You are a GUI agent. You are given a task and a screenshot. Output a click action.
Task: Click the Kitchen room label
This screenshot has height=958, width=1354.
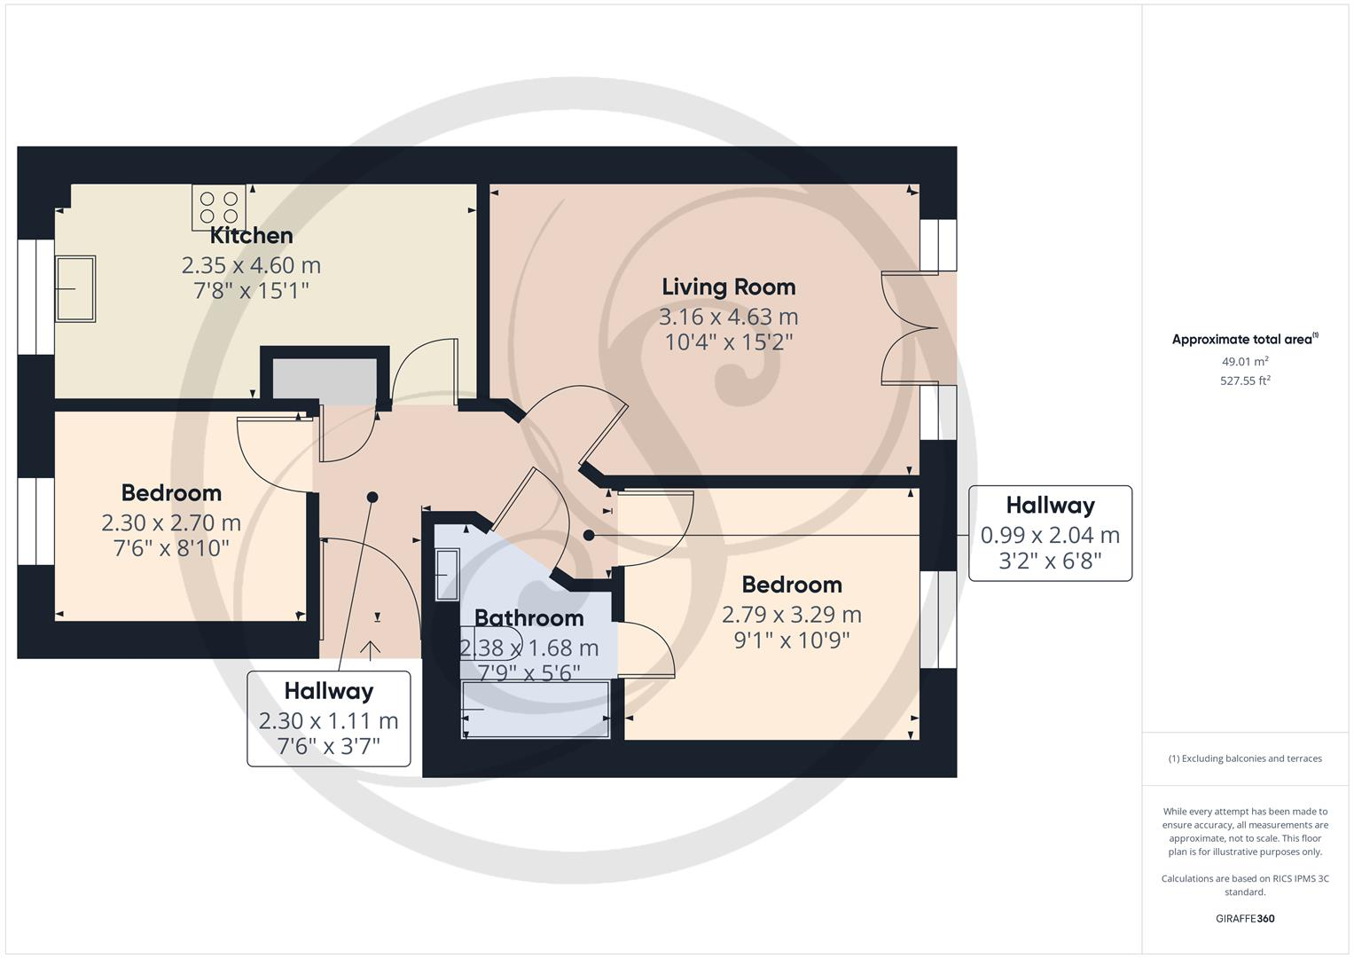click(251, 236)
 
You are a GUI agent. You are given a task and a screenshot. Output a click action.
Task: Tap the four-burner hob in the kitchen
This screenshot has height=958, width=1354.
click(219, 208)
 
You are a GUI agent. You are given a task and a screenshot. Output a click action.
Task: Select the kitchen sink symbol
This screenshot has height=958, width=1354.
click(75, 289)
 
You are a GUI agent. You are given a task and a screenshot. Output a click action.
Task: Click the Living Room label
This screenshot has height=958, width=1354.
click(728, 287)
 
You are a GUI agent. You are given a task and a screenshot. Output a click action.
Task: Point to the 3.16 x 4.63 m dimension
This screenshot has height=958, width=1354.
click(728, 317)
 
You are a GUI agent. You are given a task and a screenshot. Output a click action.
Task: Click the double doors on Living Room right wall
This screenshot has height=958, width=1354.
click(909, 329)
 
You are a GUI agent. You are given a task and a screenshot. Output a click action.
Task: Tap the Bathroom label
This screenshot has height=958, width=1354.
click(528, 618)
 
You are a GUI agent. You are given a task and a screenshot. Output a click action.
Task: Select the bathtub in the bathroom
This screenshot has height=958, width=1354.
click(536, 710)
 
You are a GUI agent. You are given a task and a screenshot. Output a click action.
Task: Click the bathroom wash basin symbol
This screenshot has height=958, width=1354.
click(448, 574)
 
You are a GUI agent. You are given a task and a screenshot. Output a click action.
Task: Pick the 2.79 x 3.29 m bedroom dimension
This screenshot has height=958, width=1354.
click(791, 615)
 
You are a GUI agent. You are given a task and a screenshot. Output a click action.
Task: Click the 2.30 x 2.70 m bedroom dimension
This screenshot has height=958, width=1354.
click(171, 523)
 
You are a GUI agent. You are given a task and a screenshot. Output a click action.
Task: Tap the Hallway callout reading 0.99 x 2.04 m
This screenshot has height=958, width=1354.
click(1050, 533)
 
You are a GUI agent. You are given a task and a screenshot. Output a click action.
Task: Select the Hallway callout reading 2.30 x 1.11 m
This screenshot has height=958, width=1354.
click(328, 718)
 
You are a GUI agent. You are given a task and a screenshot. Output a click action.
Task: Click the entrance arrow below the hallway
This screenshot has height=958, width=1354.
click(370, 650)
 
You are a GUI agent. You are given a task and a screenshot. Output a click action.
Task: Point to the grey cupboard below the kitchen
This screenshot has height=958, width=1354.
click(325, 380)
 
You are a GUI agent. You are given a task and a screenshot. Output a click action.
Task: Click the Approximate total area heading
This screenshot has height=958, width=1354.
click(1244, 340)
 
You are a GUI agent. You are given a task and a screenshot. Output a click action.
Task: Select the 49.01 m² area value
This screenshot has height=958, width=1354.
click(1244, 361)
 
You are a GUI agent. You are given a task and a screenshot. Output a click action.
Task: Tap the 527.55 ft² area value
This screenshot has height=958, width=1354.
click(1244, 381)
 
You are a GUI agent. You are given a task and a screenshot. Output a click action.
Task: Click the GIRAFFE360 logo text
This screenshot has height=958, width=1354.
click(1244, 918)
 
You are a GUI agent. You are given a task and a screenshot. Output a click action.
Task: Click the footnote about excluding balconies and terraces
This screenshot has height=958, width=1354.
click(1244, 758)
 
